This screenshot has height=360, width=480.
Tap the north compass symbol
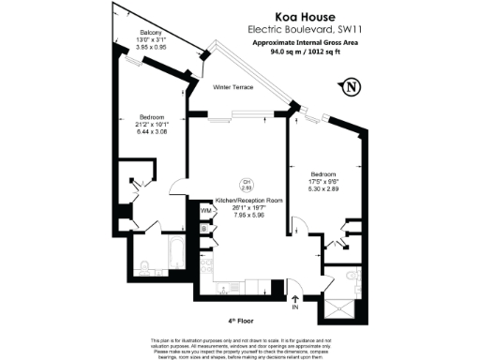pos(352,87)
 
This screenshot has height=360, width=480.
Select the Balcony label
pos(130,31)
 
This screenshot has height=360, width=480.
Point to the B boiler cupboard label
pos(204,228)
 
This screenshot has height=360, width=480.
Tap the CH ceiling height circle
pos(247,185)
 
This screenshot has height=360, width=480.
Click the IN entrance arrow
pos(294,303)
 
